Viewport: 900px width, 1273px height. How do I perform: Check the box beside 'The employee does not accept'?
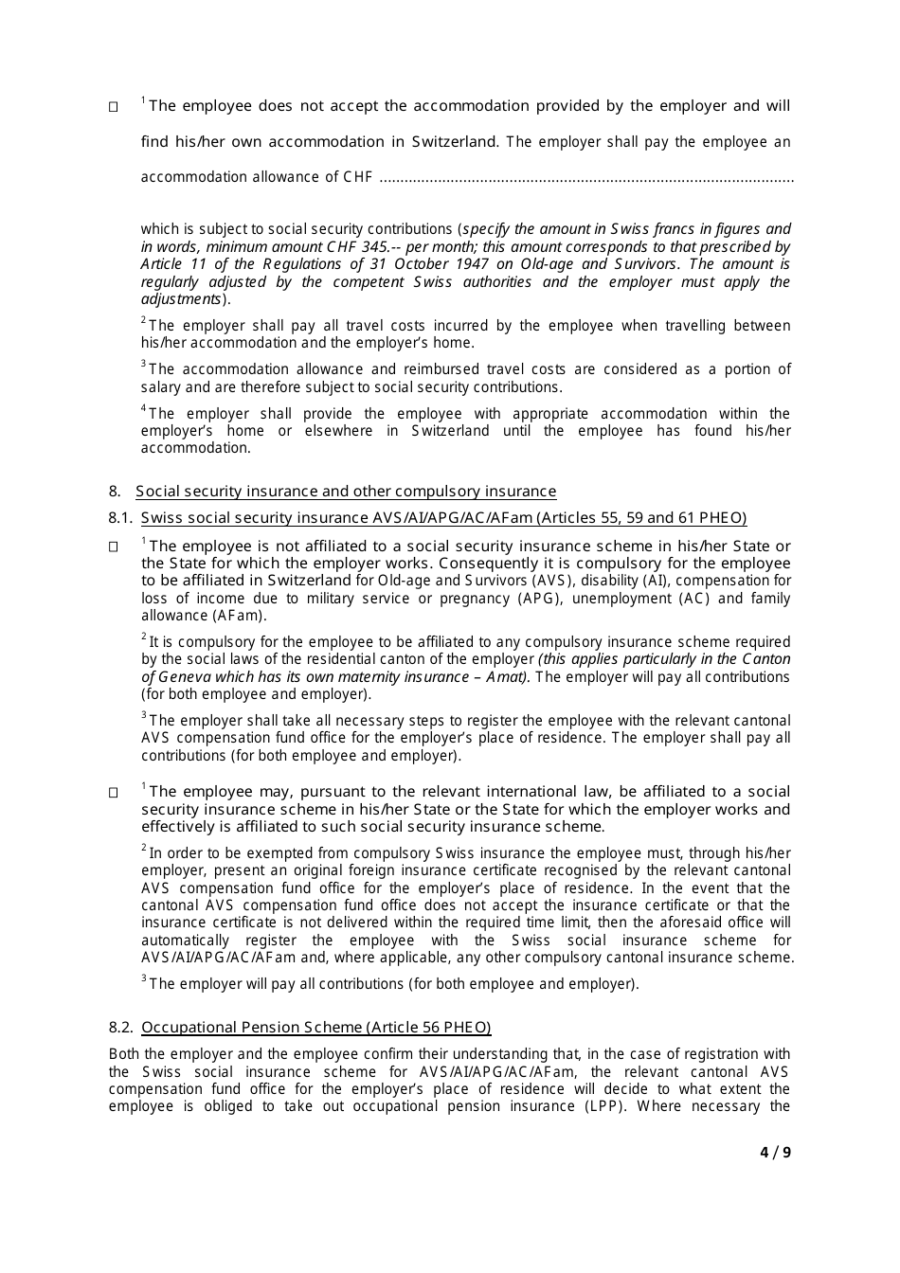coord(114,108)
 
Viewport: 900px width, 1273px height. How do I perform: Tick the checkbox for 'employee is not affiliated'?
coord(114,547)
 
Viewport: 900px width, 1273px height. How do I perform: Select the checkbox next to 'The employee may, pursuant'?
coord(114,793)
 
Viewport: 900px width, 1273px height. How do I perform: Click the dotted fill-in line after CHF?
coord(585,178)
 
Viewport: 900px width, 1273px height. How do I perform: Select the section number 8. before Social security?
coord(115,492)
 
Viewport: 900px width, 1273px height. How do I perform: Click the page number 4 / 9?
coord(775,1153)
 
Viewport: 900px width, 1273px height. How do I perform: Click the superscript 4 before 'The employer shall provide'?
coord(144,408)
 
